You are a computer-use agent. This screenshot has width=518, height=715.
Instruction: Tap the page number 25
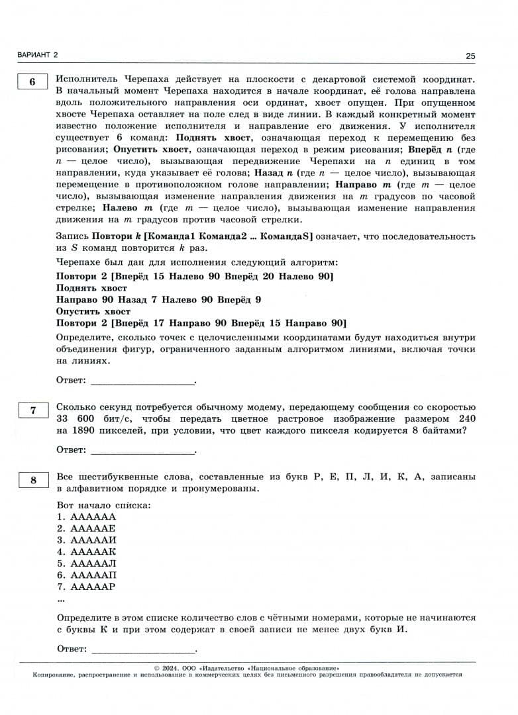pos(470,56)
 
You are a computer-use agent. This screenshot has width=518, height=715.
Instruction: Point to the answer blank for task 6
pos(142,381)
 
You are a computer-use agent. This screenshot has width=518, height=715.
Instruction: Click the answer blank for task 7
pos(142,450)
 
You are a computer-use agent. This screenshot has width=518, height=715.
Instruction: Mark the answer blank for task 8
pos(142,649)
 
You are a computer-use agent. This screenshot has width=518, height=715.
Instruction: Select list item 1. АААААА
pos(86,516)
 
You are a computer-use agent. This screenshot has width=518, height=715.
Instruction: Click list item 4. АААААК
pos(86,551)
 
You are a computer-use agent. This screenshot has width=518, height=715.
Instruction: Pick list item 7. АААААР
pos(86,587)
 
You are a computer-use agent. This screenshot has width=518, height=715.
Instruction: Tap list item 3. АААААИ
pos(86,540)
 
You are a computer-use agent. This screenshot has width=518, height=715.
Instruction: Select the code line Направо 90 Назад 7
pos(158,300)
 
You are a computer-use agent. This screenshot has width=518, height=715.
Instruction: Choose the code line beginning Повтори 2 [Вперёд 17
pos(201,323)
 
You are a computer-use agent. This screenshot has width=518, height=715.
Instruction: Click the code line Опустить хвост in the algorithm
pos(93,311)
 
